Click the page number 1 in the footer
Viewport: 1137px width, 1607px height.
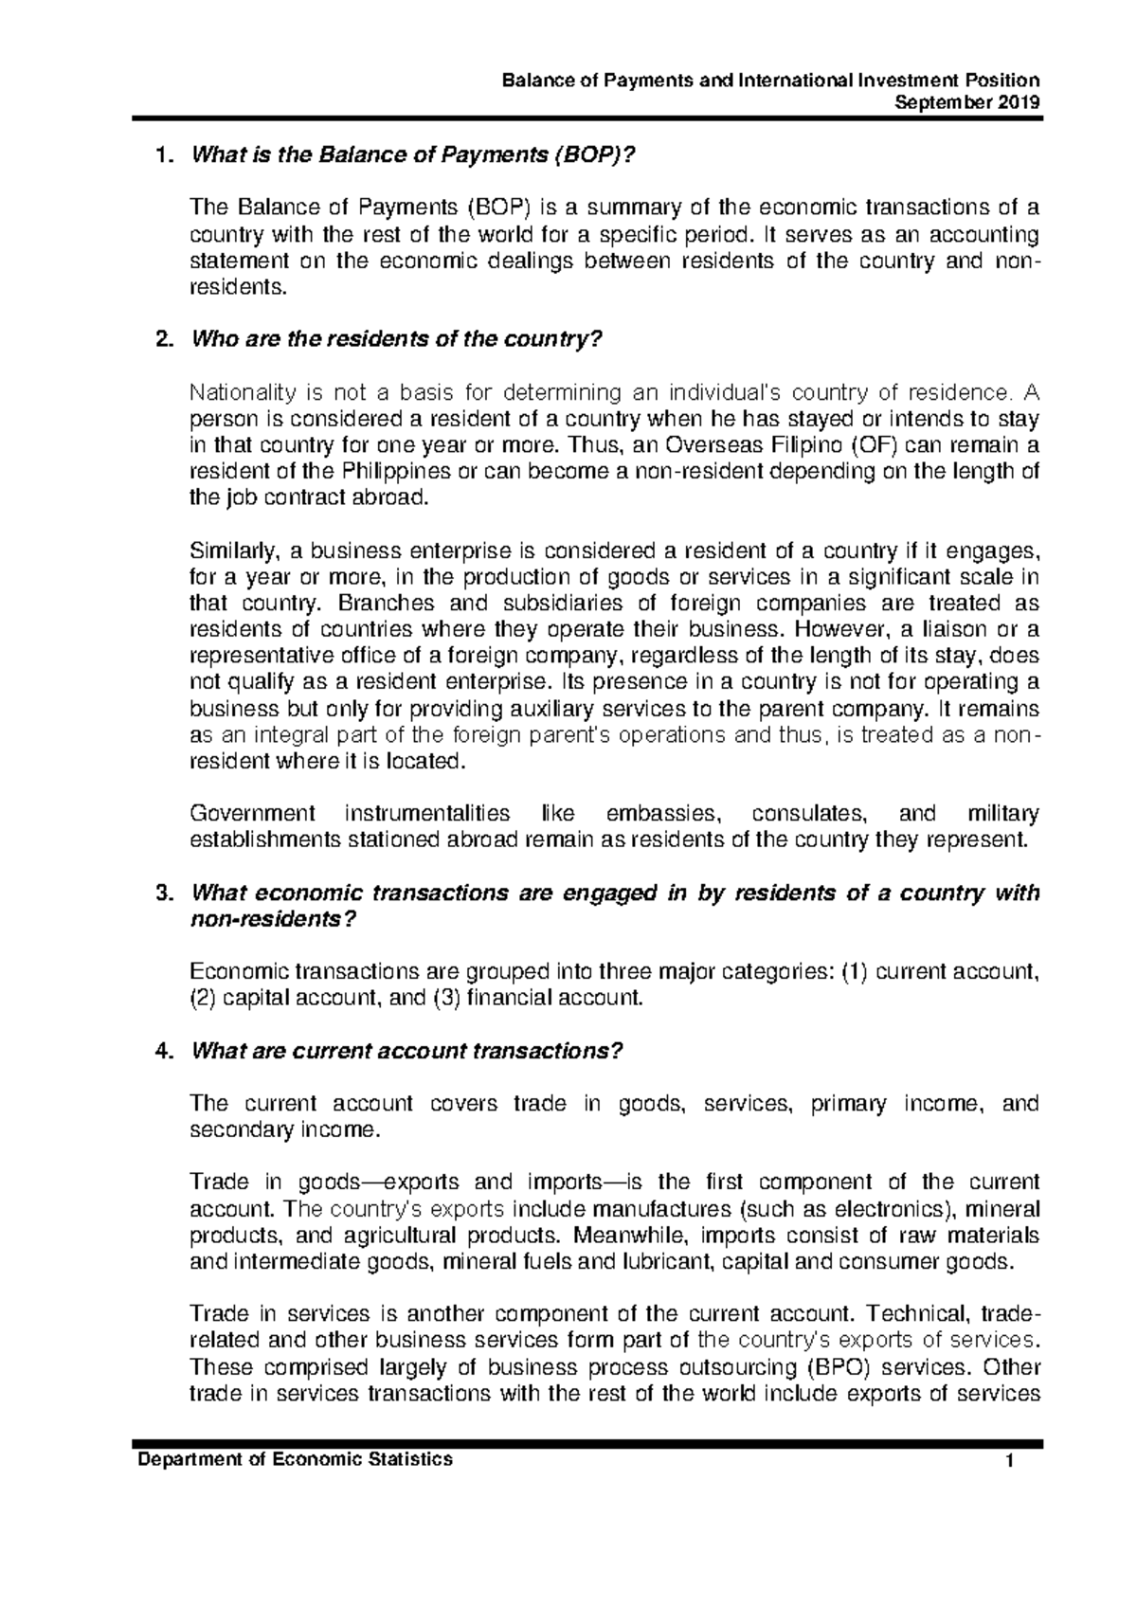1012,1460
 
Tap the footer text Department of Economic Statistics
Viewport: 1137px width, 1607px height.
296,1459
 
